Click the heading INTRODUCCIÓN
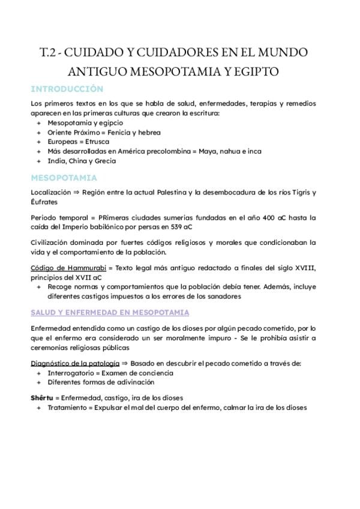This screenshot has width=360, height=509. click(x=67, y=89)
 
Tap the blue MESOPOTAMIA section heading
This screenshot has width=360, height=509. click(x=64, y=178)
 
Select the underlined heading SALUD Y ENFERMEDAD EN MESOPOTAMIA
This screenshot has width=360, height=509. click(x=110, y=313)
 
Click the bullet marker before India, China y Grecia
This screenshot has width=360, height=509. click(x=39, y=161)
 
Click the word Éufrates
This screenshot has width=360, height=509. click(x=44, y=202)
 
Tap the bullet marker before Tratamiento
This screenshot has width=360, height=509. click(x=39, y=407)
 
